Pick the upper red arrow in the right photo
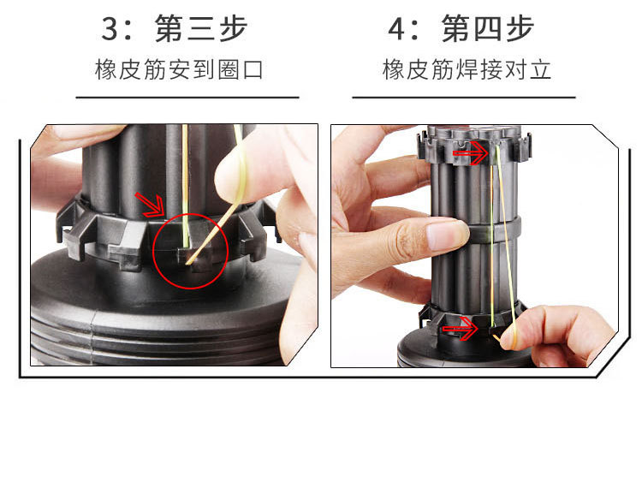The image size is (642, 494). [x=470, y=153]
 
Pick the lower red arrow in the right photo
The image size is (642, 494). [x=458, y=327]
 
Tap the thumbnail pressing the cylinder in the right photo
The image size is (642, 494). [x=445, y=234]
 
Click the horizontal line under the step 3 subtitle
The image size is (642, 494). [x=187, y=98]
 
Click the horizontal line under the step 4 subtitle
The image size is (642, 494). [x=463, y=98]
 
